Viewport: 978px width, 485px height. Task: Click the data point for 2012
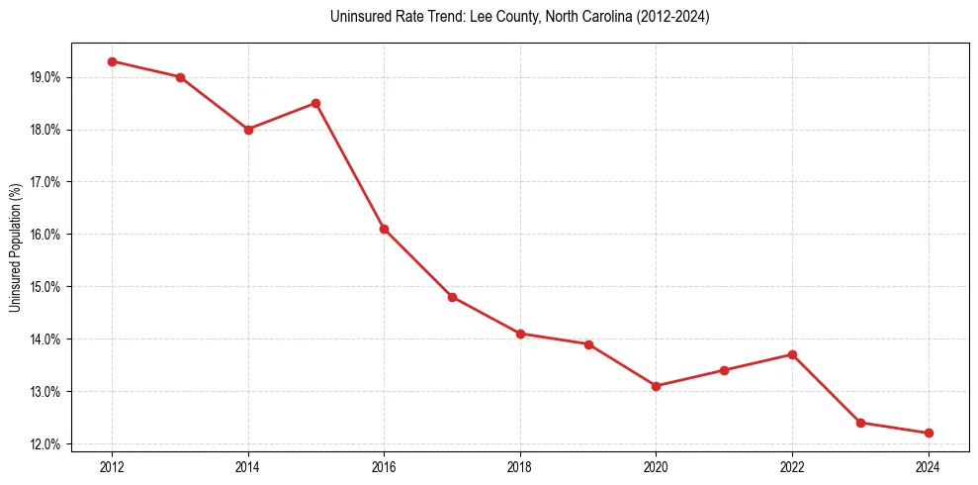pyautogui.click(x=112, y=61)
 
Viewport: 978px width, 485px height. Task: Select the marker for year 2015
pyautogui.click(x=315, y=103)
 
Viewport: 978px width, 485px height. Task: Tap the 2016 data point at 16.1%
pyautogui.click(x=384, y=229)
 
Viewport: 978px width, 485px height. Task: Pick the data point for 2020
pyautogui.click(x=657, y=386)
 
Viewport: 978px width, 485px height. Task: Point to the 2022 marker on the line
pyautogui.click(x=792, y=354)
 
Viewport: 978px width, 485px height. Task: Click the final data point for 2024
pyautogui.click(x=929, y=433)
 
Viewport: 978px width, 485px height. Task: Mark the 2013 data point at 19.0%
pyautogui.click(x=180, y=77)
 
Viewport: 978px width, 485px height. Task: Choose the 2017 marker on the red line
pyautogui.click(x=452, y=297)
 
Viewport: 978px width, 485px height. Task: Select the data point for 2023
pyautogui.click(x=860, y=423)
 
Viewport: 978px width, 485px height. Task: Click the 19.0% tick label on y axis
pyautogui.click(x=45, y=77)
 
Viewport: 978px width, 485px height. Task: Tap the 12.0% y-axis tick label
pyautogui.click(x=45, y=444)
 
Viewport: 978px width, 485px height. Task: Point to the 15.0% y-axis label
pyautogui.click(x=45, y=287)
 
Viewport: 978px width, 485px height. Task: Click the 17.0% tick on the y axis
pyautogui.click(x=45, y=182)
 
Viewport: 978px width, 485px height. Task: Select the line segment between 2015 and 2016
pyautogui.click(x=350, y=166)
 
